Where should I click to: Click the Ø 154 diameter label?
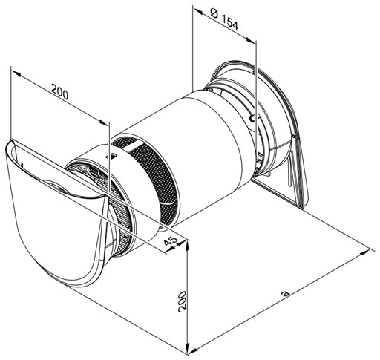pyautogui.click(x=225, y=19)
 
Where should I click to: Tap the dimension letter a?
pyautogui.click(x=286, y=293)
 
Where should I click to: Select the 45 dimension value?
pyautogui.click(x=171, y=240)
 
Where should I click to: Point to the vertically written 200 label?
pyautogui.click(x=182, y=301)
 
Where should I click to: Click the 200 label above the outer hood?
pyautogui.click(x=59, y=91)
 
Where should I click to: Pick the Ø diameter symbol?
pyautogui.click(x=214, y=13)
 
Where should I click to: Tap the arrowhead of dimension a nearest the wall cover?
pyautogui.click(x=370, y=252)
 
